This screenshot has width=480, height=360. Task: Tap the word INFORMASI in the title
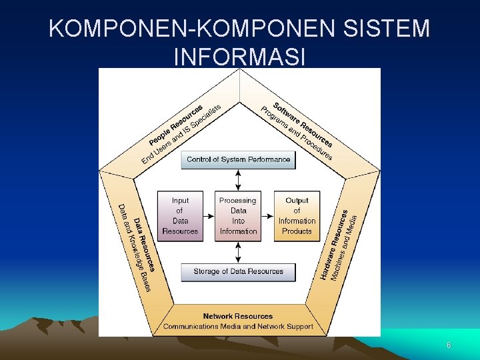pyautogui.click(x=239, y=57)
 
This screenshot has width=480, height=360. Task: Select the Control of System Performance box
pyautogui.click(x=238, y=160)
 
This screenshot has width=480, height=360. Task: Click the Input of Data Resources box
pyautogui.click(x=180, y=216)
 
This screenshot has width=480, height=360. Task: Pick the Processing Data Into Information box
pyautogui.click(x=238, y=216)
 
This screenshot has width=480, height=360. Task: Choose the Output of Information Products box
pyautogui.click(x=297, y=216)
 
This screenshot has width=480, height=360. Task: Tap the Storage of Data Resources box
pyautogui.click(x=238, y=272)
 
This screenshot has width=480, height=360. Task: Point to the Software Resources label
pyautogui.click(x=303, y=124)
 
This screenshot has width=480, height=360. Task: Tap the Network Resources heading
pyautogui.click(x=238, y=316)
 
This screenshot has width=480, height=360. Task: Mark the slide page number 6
pyautogui.click(x=449, y=345)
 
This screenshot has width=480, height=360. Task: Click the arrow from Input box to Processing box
pyautogui.click(x=209, y=216)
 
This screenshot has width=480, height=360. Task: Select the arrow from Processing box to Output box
pyautogui.click(x=267, y=216)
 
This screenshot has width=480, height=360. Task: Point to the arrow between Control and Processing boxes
pyautogui.click(x=239, y=180)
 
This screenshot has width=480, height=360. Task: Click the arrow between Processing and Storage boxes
pyautogui.click(x=239, y=252)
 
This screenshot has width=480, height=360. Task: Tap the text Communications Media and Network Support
pyautogui.click(x=238, y=327)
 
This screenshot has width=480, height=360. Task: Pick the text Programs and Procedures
pyautogui.click(x=295, y=134)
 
